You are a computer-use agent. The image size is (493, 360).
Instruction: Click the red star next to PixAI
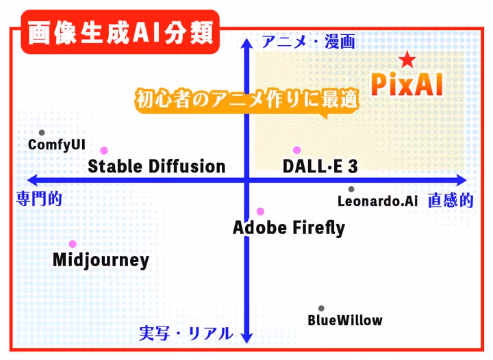[x=407, y=60]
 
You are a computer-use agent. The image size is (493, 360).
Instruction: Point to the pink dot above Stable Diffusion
[x=104, y=151]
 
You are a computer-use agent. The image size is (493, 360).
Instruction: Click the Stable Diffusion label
[x=157, y=166]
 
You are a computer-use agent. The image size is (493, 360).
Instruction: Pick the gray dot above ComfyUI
[x=42, y=133]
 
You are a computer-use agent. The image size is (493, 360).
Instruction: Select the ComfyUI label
[x=57, y=145]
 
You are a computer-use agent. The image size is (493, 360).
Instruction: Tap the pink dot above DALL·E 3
[x=296, y=151]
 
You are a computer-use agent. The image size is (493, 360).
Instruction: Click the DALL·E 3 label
[x=320, y=166]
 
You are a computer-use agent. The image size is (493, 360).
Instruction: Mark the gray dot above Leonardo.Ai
[x=351, y=190]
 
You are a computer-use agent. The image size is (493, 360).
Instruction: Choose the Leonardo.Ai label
[x=378, y=201]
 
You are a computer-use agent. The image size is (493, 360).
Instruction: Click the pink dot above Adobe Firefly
[x=260, y=211]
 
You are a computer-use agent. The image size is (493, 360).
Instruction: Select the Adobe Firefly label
[x=289, y=227]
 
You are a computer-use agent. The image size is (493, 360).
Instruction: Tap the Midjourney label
[x=101, y=261]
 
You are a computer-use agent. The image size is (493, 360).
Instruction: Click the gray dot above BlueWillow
[x=321, y=309]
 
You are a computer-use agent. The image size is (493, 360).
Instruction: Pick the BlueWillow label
[x=345, y=320]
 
